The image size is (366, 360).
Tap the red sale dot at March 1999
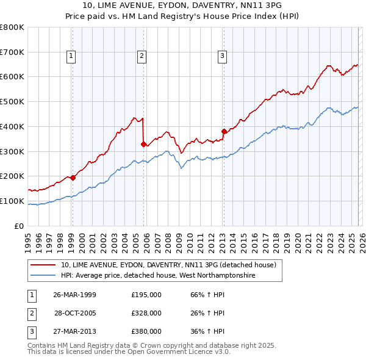tap(73, 178)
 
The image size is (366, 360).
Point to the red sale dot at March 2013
tap(224, 131)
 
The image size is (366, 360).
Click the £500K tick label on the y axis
tap(12, 101)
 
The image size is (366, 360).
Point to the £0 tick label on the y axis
tap(19, 226)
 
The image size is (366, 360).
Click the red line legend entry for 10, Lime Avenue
tap(168, 265)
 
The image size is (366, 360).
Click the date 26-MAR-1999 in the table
tap(74, 295)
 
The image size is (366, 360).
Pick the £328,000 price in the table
tap(146, 313)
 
